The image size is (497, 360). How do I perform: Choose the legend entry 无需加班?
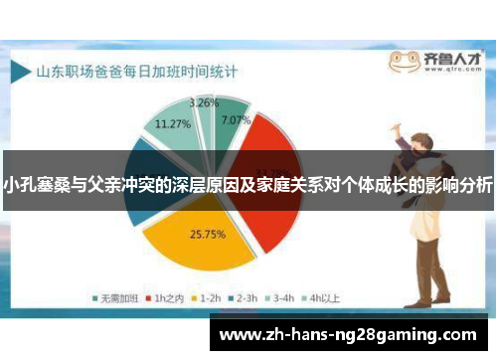point(110,296)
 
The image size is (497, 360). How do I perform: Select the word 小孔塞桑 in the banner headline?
point(37,185)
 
